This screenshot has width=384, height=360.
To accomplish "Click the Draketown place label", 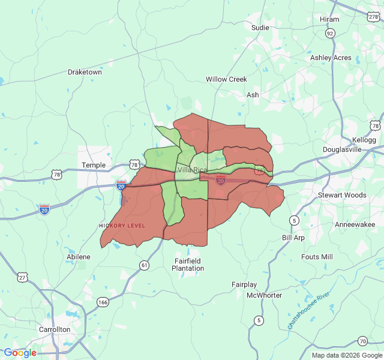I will pyautogui.click(x=85, y=72).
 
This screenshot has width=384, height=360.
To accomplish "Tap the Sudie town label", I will pyautogui.click(x=260, y=28).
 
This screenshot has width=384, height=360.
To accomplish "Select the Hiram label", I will pyautogui.click(x=329, y=19).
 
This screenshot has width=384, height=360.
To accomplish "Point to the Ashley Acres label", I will pyautogui.click(x=331, y=58).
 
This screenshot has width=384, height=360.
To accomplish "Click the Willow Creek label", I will pyautogui.click(x=226, y=79).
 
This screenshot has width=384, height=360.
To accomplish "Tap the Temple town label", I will pyautogui.click(x=94, y=165).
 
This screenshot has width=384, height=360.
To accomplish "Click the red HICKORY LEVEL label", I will pyautogui.click(x=122, y=226).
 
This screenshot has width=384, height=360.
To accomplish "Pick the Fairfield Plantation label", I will pyautogui.click(x=188, y=265).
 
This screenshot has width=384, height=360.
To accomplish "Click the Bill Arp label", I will pyautogui.click(x=293, y=238).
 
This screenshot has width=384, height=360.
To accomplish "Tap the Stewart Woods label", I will pyautogui.click(x=342, y=195).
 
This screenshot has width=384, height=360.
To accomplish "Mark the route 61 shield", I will pyautogui.click(x=144, y=265).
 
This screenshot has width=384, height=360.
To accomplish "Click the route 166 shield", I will pyautogui.click(x=103, y=302).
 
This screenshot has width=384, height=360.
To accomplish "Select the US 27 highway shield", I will pyautogui.click(x=22, y=277).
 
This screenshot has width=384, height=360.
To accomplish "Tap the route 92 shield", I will pyautogui.click(x=330, y=34).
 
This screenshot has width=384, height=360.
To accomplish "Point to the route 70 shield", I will pyautogui.click(x=362, y=341).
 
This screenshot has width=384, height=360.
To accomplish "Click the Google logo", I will pyautogui.click(x=20, y=353).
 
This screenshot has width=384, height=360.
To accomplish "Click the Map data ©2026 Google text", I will pyautogui.click(x=346, y=355).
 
